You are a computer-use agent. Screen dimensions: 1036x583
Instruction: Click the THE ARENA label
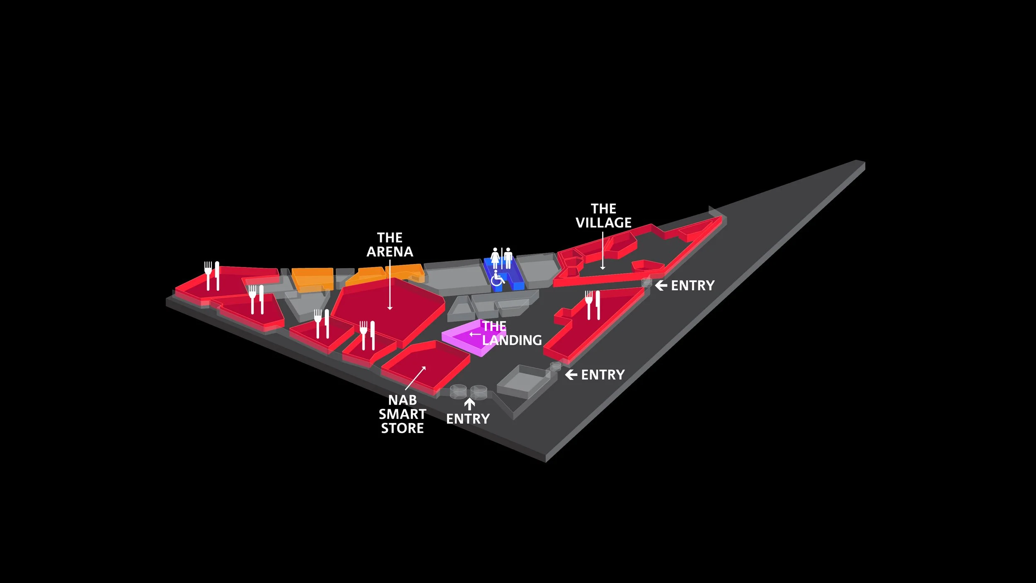(x=390, y=245)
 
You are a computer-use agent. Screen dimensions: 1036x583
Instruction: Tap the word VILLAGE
(x=603, y=223)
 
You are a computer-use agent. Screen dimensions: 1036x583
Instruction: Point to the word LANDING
(x=512, y=340)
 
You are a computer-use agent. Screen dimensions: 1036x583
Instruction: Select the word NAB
(x=402, y=400)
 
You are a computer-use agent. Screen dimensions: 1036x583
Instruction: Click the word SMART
(x=402, y=414)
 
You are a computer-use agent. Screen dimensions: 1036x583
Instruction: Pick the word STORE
(x=402, y=428)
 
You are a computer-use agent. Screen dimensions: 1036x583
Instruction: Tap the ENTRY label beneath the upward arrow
(x=468, y=419)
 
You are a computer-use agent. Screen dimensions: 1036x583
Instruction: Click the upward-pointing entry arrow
(x=469, y=403)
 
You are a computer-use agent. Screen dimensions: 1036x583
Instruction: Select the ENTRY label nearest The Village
(x=692, y=286)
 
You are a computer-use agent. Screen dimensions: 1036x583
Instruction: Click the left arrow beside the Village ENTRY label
(x=661, y=285)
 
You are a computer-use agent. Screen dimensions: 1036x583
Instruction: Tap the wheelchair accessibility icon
(x=497, y=278)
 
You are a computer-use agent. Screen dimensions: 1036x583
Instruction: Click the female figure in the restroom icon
(x=495, y=258)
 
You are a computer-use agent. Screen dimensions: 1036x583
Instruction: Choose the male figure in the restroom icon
(x=508, y=258)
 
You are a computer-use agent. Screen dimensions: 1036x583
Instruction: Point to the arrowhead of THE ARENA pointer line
(x=390, y=308)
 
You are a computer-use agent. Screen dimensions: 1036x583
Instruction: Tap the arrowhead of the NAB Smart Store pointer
(x=424, y=368)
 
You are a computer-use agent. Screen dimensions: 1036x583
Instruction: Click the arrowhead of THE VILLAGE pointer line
(x=603, y=268)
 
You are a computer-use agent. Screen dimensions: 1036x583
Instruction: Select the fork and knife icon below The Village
(x=593, y=305)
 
